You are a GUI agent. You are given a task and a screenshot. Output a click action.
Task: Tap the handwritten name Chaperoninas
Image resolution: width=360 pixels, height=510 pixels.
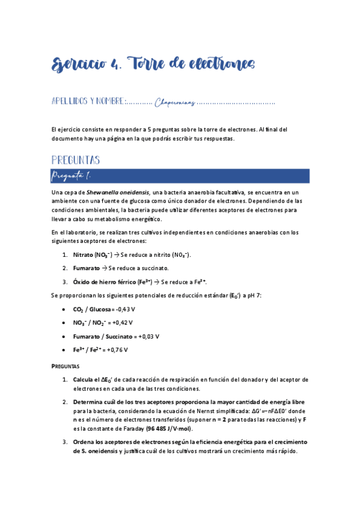(x=175, y=103)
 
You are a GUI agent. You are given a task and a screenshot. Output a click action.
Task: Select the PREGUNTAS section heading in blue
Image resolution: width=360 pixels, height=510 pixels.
(x=75, y=160)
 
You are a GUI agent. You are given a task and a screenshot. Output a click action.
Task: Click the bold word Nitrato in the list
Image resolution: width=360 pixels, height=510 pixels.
(x=83, y=255)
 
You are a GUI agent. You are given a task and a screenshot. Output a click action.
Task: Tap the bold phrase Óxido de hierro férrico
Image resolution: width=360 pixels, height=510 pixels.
(x=106, y=281)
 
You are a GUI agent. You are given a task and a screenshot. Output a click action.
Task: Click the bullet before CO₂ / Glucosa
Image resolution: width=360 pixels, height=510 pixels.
(x=64, y=309)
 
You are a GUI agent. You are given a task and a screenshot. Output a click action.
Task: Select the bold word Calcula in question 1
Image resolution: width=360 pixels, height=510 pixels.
(x=84, y=380)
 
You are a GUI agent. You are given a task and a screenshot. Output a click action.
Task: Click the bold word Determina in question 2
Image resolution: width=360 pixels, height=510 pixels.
(x=89, y=401)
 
